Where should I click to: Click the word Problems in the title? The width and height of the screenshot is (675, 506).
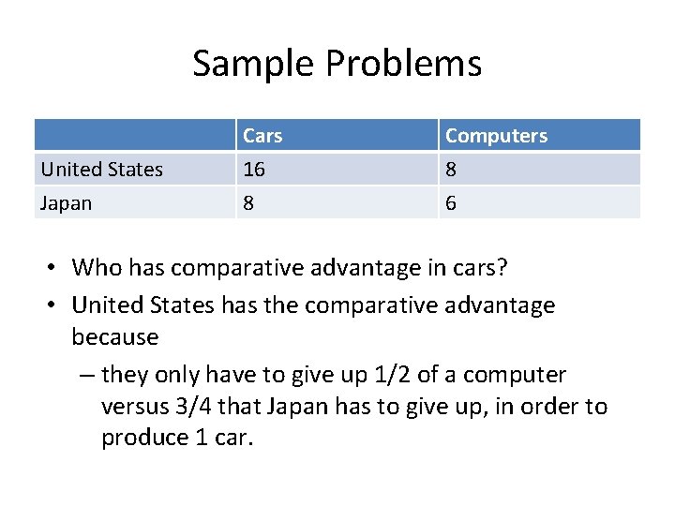click(x=404, y=64)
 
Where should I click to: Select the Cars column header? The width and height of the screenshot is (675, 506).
click(x=262, y=136)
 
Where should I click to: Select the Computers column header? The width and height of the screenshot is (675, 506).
click(x=496, y=136)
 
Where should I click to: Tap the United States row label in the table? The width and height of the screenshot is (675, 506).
click(x=101, y=170)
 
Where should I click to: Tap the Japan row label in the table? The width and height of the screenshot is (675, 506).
click(x=66, y=202)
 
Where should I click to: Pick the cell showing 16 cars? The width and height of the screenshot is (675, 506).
click(x=254, y=170)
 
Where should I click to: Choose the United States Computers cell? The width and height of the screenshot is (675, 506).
click(x=451, y=170)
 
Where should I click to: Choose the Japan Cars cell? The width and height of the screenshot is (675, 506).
click(x=248, y=202)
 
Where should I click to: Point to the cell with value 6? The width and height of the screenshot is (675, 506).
click(x=451, y=202)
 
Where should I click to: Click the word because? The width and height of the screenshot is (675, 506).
click(x=115, y=336)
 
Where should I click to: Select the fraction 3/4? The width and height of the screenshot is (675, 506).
click(x=239, y=407)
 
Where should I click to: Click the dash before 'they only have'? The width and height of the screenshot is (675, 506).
click(x=85, y=375)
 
